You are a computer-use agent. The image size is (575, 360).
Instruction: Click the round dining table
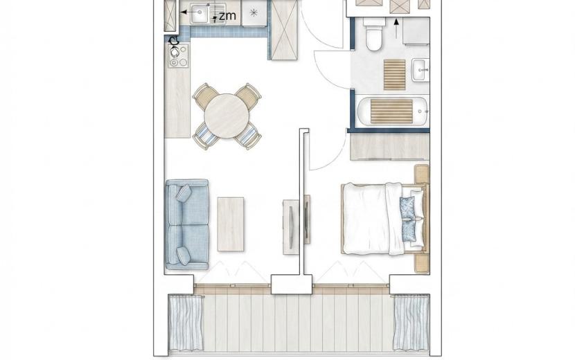[x=227, y=116]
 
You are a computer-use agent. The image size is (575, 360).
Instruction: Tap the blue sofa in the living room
[x=187, y=224]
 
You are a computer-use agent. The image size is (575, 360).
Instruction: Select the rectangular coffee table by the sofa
[x=231, y=224]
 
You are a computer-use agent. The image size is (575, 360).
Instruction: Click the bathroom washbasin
[x=421, y=70]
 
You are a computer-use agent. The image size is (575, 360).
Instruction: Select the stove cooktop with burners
[x=179, y=55]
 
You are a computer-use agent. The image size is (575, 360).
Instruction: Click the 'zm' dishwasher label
[x=227, y=16]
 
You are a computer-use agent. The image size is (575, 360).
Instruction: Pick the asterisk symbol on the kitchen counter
[x=254, y=13]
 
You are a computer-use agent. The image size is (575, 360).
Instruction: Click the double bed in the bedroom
[x=384, y=219]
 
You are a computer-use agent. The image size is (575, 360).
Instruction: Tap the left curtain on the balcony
[x=186, y=322]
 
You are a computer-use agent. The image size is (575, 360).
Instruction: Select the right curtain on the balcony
[x=411, y=322]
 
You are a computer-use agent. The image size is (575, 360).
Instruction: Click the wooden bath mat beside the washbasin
[x=395, y=75]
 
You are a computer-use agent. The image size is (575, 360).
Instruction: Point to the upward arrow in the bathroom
[x=396, y=28]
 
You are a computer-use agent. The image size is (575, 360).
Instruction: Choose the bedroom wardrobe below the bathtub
[x=389, y=147]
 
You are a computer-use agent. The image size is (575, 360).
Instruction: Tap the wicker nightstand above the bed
[x=422, y=174]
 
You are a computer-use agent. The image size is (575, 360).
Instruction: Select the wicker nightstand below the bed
[x=422, y=264]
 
